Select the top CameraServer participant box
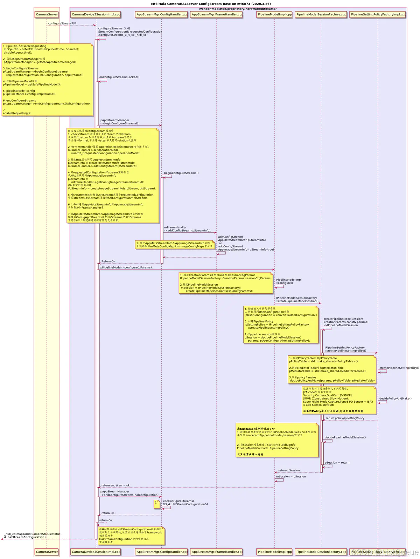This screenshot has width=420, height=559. (x=47, y=14)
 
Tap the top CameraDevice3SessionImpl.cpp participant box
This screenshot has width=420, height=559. (x=96, y=14)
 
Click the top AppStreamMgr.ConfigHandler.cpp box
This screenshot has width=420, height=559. (x=162, y=14)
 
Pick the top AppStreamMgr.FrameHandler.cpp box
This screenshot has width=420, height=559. (x=217, y=14)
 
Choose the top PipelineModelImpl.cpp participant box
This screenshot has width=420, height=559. (x=274, y=14)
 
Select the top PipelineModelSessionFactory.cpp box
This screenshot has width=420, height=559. (x=321, y=14)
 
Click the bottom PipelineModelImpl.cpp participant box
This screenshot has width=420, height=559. (x=274, y=551)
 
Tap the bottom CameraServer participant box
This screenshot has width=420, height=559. (x=47, y=551)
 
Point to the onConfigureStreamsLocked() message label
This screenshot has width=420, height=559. (x=119, y=77)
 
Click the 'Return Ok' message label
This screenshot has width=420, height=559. (x=108, y=261)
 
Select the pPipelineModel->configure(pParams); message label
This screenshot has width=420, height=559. (x=126, y=267)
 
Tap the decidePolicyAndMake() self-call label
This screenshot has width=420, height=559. (x=395, y=398)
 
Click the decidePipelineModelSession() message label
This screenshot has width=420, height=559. (x=345, y=437)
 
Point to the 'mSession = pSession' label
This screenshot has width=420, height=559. (x=291, y=477)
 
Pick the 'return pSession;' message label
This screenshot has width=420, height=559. (x=289, y=470)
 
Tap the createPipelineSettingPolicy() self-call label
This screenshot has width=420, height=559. (x=399, y=368)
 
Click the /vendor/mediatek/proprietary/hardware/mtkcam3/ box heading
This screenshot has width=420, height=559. (x=238, y=9)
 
